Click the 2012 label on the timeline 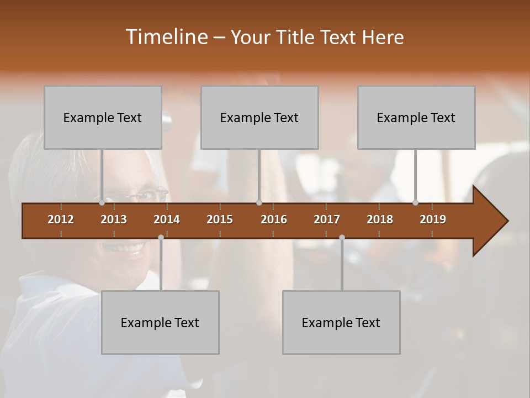(x=61, y=219)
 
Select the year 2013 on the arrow (x=114, y=219)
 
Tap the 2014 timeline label (x=167, y=219)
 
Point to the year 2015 (x=220, y=219)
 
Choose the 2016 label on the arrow (x=274, y=219)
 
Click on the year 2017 (x=327, y=219)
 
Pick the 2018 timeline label (x=380, y=219)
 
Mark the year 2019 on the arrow (x=433, y=219)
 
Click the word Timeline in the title (x=165, y=37)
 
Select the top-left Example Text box (x=103, y=117)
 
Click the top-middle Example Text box (x=259, y=117)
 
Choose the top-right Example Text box (x=416, y=117)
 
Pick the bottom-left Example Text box (x=160, y=322)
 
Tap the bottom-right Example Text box (x=341, y=322)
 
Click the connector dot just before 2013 (x=102, y=203)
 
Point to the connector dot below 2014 (x=161, y=237)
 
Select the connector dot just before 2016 (x=259, y=203)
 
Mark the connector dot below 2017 (x=342, y=237)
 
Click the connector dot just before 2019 (x=416, y=203)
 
